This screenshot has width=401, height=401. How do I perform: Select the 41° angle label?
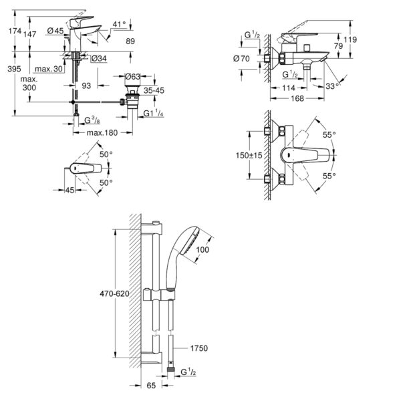point(118,25)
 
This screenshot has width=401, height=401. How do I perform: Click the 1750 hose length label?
point(198,348)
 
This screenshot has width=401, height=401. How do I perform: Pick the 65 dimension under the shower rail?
point(151,386)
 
